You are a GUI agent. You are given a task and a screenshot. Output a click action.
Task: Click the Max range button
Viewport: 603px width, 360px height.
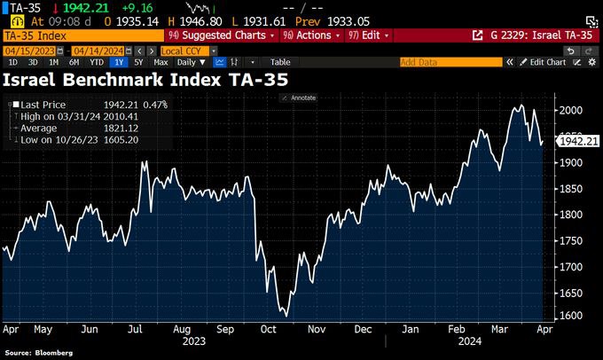coord(161,63)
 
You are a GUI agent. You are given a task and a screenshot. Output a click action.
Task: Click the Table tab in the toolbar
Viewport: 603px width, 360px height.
coord(280,63)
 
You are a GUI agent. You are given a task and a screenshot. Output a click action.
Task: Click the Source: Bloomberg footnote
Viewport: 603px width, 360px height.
coord(38,353)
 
